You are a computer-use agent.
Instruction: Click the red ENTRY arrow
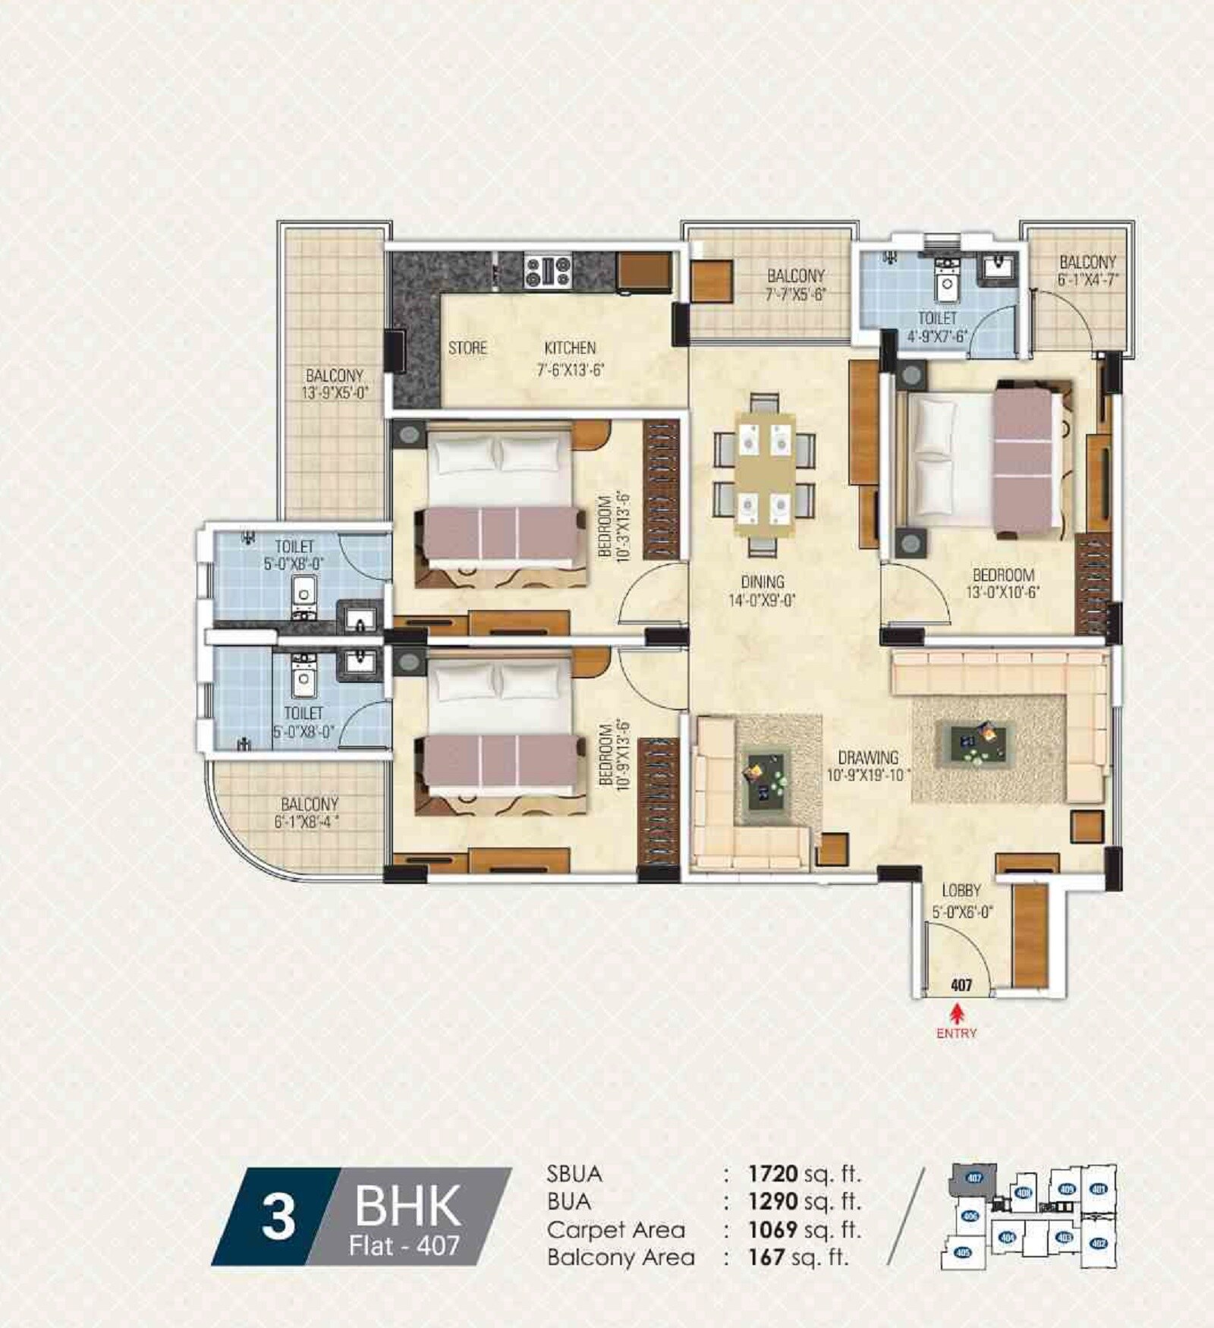coord(958,1012)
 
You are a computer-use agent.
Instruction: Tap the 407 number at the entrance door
coord(961,985)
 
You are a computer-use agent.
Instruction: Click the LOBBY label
coord(961,890)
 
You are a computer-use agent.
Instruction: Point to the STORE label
coord(467,348)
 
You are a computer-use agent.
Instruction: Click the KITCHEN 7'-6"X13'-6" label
coord(571,358)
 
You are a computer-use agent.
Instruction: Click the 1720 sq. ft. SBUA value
coord(804,1174)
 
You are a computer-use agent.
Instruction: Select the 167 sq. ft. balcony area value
coord(797,1257)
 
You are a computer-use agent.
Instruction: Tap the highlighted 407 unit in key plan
coord(974,1179)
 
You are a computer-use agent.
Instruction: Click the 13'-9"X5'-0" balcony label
coord(335,383)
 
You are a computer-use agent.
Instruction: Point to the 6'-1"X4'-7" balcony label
coord(1087,270)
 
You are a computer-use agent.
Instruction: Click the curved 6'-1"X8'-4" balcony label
coord(310,812)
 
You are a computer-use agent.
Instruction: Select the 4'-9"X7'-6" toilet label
coord(937,326)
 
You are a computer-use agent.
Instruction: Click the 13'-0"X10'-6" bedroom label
coord(1003,584)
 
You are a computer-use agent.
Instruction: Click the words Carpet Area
coord(615,1229)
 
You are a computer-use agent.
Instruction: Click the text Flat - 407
coord(404,1246)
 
